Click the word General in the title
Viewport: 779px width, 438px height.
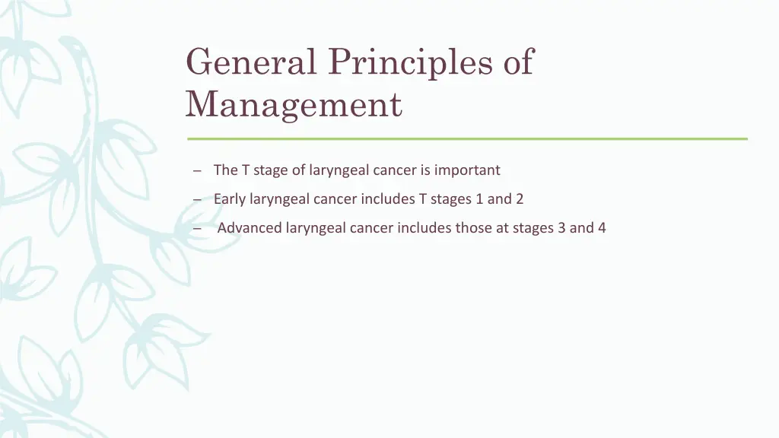(250, 62)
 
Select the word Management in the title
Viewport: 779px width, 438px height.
(294, 105)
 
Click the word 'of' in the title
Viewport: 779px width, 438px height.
(518, 62)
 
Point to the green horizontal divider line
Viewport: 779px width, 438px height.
(467, 138)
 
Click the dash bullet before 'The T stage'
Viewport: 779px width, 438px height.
(197, 171)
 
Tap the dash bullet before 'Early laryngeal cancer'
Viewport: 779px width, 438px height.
(197, 200)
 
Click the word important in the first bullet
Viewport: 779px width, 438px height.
(467, 170)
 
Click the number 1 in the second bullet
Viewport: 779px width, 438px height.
(478, 199)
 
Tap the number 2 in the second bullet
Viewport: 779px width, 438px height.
(520, 199)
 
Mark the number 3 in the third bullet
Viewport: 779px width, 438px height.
(561, 228)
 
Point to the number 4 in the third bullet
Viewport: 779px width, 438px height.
(602, 228)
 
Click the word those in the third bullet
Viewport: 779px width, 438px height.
(474, 228)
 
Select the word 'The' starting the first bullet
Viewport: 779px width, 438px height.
(226, 170)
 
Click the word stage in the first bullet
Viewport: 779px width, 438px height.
(270, 170)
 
